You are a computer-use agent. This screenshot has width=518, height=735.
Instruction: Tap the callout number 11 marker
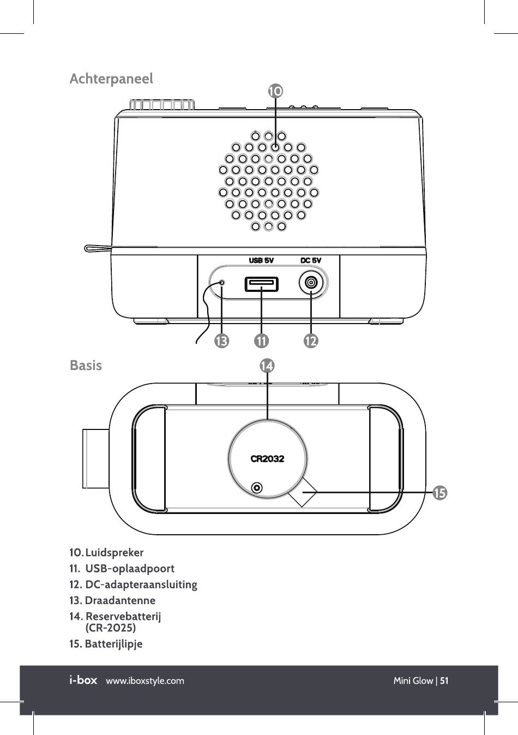tap(261, 342)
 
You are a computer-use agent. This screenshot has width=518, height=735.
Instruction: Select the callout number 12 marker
tap(311, 342)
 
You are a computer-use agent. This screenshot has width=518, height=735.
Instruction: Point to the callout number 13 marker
tap(221, 342)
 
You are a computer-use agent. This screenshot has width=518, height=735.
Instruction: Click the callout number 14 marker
tap(267, 366)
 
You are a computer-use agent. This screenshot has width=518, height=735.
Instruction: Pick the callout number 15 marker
tap(439, 493)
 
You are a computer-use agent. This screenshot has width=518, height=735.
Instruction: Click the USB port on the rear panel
tap(262, 284)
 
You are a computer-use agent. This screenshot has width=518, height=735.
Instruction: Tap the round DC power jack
tap(311, 283)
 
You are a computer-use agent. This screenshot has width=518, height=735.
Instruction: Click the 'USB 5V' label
tap(262, 260)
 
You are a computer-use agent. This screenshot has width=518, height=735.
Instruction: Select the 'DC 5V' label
tap(311, 260)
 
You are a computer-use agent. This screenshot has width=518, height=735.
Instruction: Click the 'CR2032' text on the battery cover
tap(267, 459)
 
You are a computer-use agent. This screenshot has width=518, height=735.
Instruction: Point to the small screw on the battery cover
tap(257, 487)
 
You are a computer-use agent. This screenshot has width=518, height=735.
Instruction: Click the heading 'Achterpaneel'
tap(111, 79)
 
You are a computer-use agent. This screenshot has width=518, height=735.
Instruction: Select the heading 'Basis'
tap(86, 365)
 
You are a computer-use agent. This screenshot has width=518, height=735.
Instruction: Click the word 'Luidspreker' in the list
tap(115, 552)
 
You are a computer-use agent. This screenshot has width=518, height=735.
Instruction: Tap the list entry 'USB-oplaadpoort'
tap(130, 569)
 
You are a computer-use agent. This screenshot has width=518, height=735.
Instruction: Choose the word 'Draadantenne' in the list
tap(120, 601)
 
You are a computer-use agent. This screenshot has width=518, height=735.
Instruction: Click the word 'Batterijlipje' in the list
tap(113, 644)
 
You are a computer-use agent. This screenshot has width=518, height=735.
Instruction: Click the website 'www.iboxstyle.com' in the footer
tap(145, 681)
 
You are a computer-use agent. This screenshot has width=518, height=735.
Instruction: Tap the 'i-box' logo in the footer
tap(83, 680)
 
